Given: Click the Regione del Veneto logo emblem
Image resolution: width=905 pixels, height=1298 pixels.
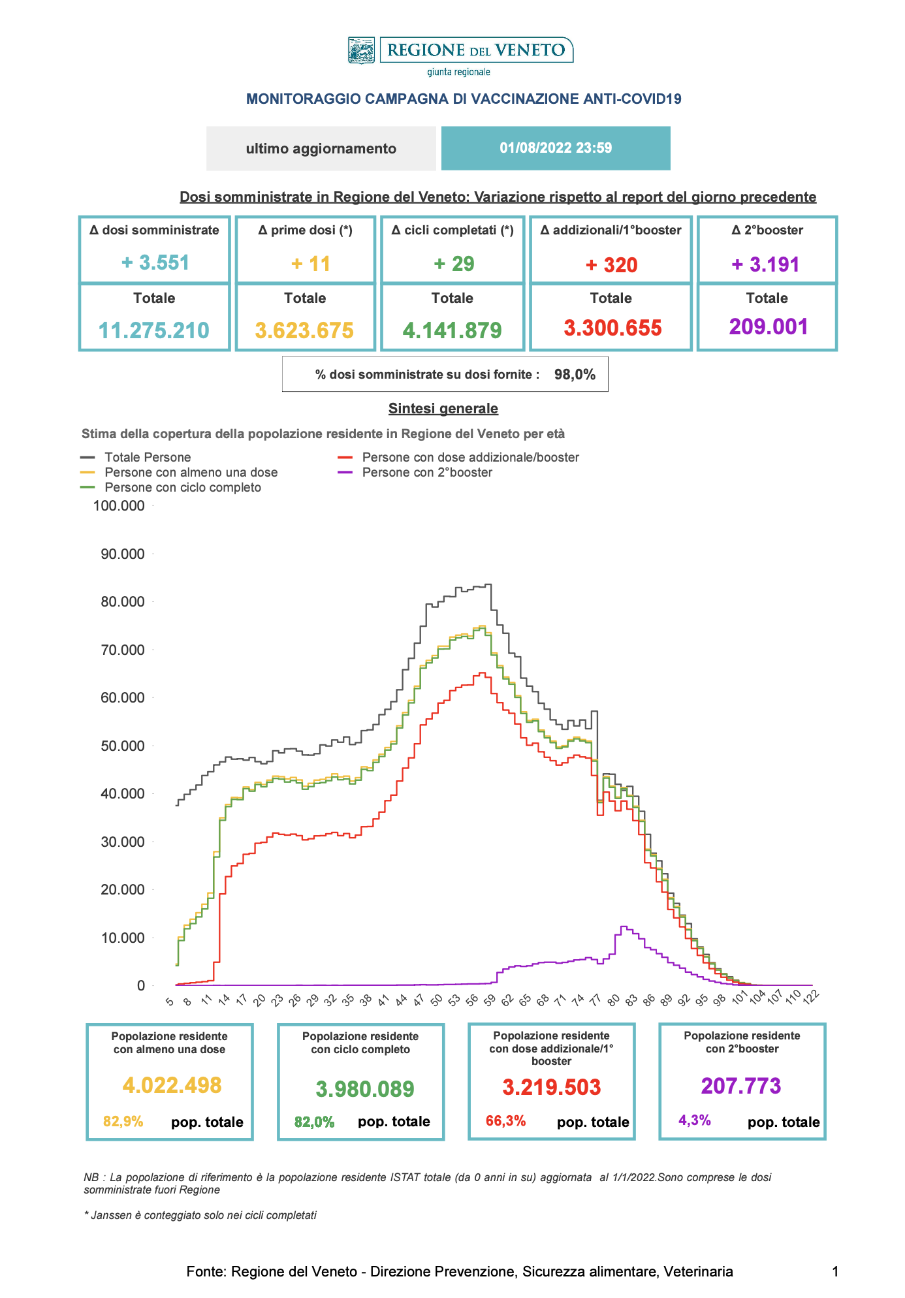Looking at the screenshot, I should point(361,50).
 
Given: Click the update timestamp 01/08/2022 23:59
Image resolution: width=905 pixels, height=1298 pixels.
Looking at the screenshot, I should point(556,148).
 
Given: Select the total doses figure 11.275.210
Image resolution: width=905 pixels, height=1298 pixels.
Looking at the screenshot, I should point(154,330).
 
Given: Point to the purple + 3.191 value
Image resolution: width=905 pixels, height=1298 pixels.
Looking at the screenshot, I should point(766,264).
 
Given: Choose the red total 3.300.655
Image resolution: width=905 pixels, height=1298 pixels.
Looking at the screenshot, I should point(612,328).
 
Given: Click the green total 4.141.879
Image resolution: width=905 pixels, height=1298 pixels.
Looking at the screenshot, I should point(452,330).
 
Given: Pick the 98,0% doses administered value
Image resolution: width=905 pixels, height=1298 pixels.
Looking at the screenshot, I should point(575,375).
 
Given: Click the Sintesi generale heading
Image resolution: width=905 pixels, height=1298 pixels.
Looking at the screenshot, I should point(443,409).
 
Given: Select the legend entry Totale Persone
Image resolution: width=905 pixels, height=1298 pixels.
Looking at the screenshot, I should point(148,458).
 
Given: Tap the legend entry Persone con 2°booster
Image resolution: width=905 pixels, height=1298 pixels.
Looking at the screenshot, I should point(427,473).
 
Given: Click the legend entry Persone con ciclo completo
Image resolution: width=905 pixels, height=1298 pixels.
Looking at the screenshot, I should point(183,488).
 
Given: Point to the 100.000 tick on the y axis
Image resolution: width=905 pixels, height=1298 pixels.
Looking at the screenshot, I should point(119,506).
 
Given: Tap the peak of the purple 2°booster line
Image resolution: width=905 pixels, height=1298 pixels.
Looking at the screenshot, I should point(623,926).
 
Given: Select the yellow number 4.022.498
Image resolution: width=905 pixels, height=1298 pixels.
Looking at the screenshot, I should point(172,1085).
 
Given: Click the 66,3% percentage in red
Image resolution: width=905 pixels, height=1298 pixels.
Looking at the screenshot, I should point(505,1121).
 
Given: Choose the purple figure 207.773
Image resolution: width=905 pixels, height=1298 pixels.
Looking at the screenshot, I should point(741,1086).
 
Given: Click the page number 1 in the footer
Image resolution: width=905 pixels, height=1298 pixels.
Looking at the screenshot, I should point(835,1272).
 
